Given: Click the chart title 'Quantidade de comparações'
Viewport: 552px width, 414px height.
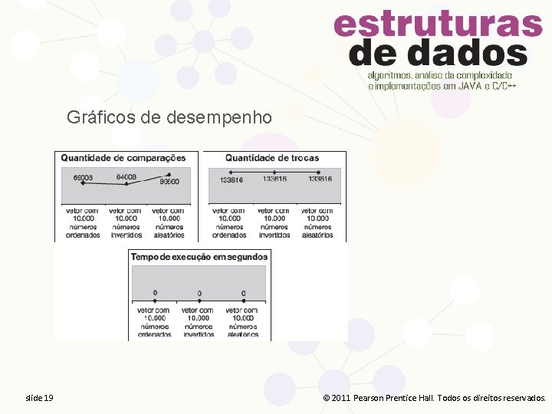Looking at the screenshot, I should pyautogui.click(x=123, y=158).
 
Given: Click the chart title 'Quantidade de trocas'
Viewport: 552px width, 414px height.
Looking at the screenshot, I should pyautogui.click(x=272, y=158).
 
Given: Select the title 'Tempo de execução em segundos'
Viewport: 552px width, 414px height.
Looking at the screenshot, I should pyautogui.click(x=199, y=257).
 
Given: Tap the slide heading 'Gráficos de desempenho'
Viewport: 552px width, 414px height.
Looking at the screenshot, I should pyautogui.click(x=169, y=117).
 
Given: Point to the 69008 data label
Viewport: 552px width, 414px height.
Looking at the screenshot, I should pyautogui.click(x=84, y=178).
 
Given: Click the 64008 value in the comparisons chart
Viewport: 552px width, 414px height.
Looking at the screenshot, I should pyautogui.click(x=126, y=177).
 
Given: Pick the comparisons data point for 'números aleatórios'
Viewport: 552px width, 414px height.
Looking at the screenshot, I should pyautogui.click(x=164, y=176).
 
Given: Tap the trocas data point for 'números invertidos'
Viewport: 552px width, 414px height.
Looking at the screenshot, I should pyautogui.click(x=274, y=172).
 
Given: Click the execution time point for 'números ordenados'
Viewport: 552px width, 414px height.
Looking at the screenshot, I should pyautogui.click(x=155, y=298).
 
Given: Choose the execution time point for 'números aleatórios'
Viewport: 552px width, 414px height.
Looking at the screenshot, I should pyautogui.click(x=244, y=299).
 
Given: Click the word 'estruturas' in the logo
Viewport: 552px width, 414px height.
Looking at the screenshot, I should pyautogui.click(x=438, y=25).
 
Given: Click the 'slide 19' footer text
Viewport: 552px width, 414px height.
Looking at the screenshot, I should pyautogui.click(x=40, y=398).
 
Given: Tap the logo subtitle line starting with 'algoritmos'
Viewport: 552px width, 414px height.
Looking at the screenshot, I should pyautogui.click(x=440, y=76).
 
